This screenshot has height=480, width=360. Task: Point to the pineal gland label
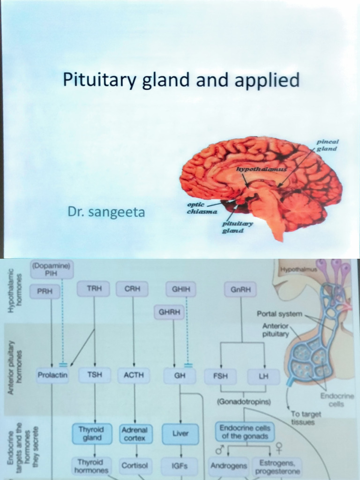(x=327, y=145)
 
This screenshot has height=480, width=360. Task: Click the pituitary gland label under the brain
(x=238, y=227)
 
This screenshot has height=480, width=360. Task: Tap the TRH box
(x=94, y=289)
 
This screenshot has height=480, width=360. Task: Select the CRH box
(x=133, y=289)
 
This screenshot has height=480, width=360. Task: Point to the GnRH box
(x=241, y=290)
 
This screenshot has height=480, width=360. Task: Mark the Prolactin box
(x=53, y=375)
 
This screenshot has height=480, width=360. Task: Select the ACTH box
(x=134, y=375)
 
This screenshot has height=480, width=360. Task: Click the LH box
(x=264, y=376)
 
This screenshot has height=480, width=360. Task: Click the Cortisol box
(x=135, y=465)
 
